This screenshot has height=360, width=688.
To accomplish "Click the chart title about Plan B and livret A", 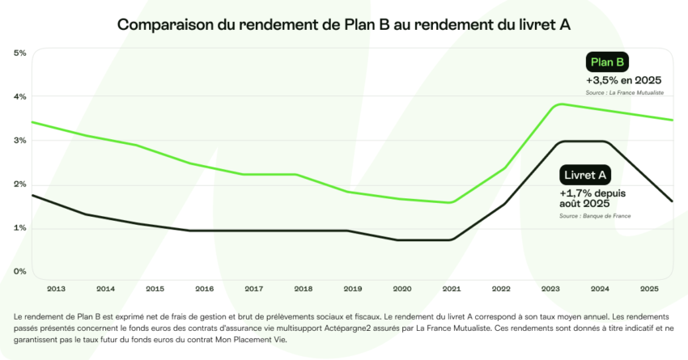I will pos(344,25).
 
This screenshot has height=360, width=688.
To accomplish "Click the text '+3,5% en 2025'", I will pos(624,80).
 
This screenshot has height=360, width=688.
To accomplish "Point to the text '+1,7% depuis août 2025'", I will pos(592,199).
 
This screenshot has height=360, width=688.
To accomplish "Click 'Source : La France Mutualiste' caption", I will pos(625,94).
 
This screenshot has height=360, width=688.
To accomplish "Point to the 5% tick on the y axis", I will pos(20,53).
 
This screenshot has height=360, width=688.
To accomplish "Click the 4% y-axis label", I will pos(20,97).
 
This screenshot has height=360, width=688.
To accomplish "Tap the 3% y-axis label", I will pos(20,141).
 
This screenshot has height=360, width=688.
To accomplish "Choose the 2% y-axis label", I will pos(20,184).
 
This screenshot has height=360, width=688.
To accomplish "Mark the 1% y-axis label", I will pos(20,228).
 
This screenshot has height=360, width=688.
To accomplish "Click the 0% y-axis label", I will pos(20,272).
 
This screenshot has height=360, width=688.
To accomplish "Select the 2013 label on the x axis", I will pos(57,288).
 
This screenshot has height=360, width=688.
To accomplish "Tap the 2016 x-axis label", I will pos(205,288).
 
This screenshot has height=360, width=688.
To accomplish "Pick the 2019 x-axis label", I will pos(353,288).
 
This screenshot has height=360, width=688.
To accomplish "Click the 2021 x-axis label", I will pos(451,288).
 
